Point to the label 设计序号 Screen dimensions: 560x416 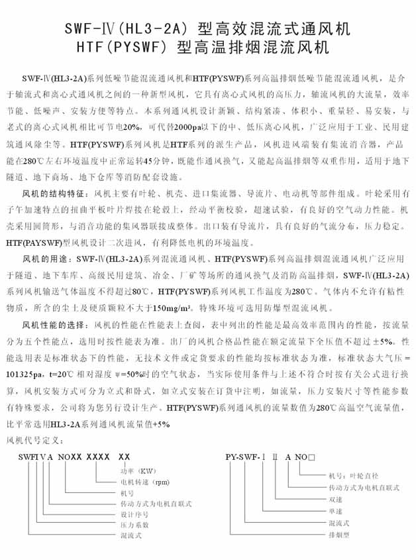(132, 514)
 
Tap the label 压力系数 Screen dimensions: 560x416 (132, 524)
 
